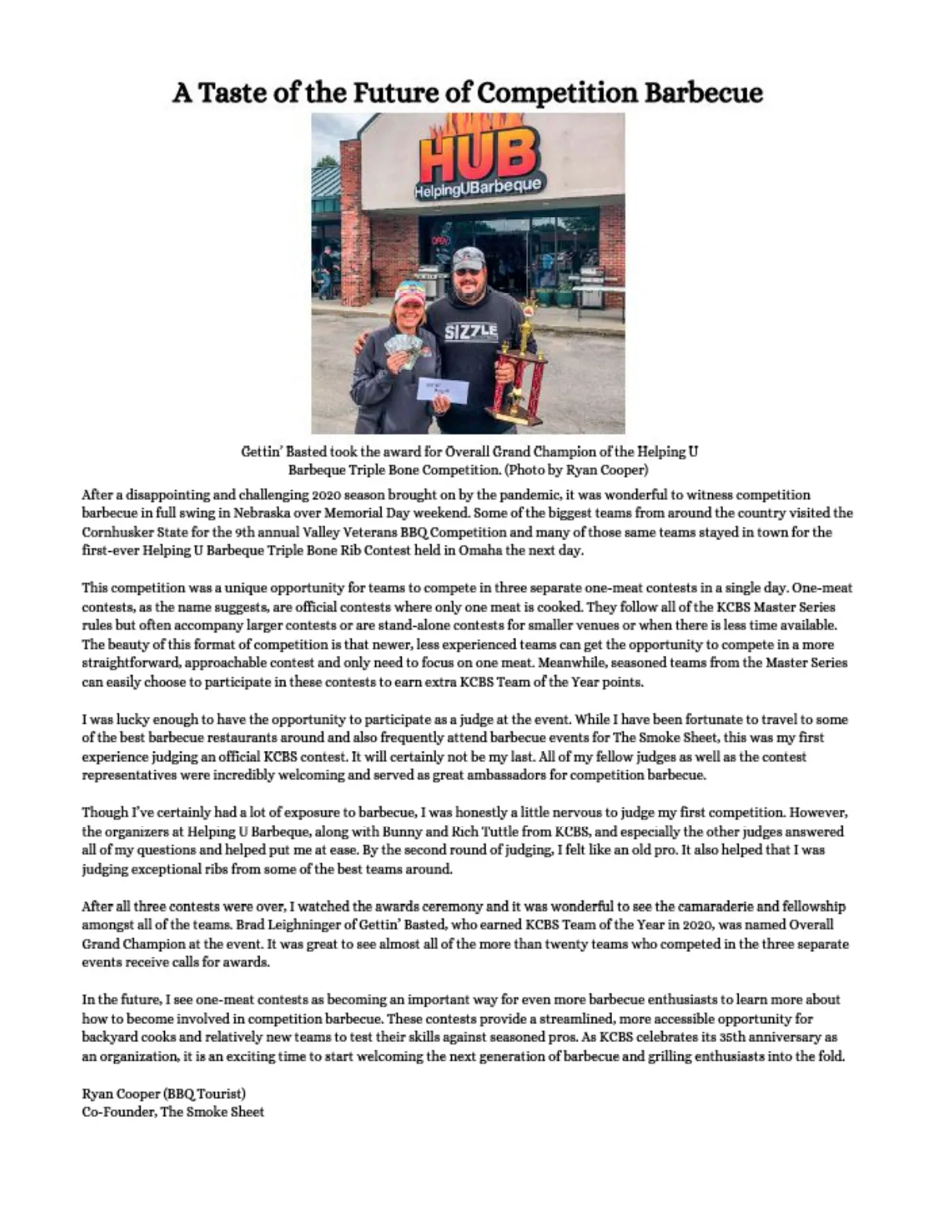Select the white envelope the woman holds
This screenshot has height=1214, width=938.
tap(442, 389)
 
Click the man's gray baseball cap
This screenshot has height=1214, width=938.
tap(468, 257)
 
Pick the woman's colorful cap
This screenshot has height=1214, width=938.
tap(410, 292)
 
